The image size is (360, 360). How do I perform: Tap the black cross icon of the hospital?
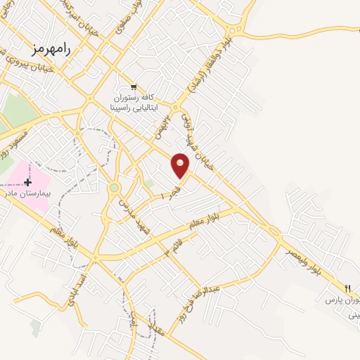tap(27, 181)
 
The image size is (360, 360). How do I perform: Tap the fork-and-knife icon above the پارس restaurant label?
tap(348, 286)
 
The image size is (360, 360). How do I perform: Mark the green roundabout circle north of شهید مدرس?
tap(114, 188)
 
